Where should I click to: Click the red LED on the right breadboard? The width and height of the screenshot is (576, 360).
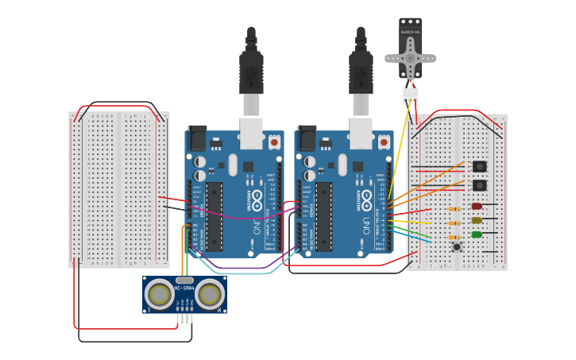(477, 206)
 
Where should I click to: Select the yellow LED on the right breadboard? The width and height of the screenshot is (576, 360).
(477, 220)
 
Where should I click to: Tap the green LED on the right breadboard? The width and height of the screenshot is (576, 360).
(477, 234)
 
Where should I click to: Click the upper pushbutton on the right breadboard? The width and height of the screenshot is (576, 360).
(480, 167)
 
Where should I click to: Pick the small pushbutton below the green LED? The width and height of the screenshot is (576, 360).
(458, 247)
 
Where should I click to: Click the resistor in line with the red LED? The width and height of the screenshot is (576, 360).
(454, 210)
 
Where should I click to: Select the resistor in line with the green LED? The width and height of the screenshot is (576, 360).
(454, 237)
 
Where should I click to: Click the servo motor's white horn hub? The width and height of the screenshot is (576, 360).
(411, 57)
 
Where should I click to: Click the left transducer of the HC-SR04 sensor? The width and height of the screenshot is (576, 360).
(160, 295)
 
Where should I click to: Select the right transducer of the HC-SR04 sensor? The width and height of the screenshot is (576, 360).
(210, 295)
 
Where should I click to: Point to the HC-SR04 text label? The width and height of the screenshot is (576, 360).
(184, 287)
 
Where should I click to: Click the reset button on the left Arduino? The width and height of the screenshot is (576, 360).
(274, 141)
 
